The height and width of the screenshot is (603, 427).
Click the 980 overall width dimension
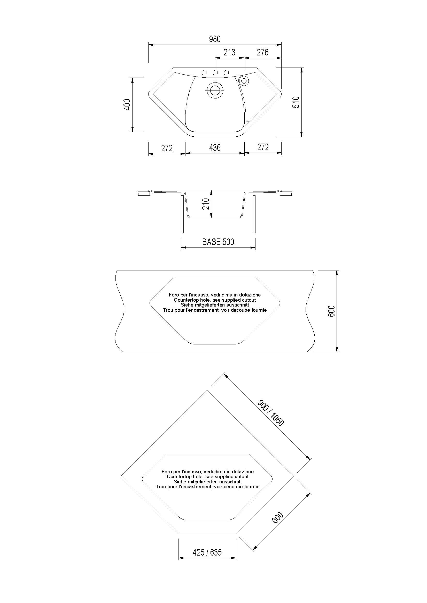[215, 39]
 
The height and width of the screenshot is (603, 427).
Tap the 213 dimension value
[229, 52]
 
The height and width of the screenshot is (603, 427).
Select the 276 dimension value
[262, 52]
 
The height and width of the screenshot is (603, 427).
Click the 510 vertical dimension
[296, 102]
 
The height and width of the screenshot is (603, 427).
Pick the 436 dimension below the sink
[215, 148]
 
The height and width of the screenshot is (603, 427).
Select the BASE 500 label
[218, 242]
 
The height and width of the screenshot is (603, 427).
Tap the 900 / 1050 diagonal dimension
[270, 413]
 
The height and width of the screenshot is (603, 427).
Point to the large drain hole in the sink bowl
[215, 90]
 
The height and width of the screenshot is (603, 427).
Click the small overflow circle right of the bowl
[244, 81]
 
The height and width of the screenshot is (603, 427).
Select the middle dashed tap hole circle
[215, 73]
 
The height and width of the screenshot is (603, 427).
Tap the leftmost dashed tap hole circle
[204, 73]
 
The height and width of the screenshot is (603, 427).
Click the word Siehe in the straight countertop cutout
[186, 305]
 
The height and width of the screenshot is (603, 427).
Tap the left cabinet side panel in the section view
[182, 214]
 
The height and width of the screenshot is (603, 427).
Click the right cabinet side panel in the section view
[254, 214]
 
